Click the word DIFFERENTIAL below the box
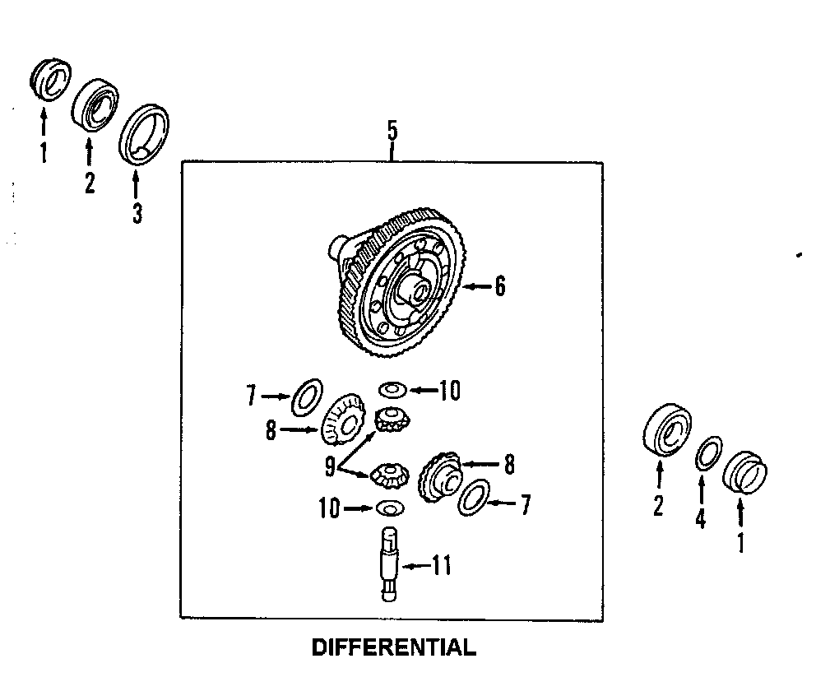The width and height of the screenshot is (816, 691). coord(393,648)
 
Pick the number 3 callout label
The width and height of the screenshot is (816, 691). coord(137,213)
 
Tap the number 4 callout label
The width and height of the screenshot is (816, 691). coord(700,521)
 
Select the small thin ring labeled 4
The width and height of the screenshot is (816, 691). coord(709,454)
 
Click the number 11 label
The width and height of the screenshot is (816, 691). coord(442,566)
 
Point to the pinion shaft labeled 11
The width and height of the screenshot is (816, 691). coord(388,564)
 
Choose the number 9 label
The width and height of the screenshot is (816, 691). coord(330,466)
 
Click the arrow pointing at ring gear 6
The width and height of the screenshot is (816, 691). coord(475,286)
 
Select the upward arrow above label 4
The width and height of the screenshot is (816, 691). coord(701,490)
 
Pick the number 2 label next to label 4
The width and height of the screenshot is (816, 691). coord(658,507)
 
